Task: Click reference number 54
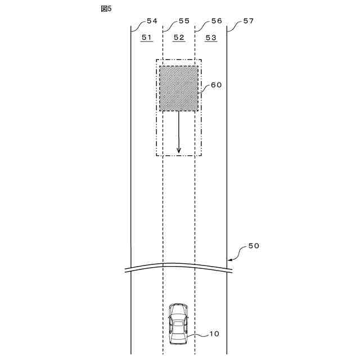pos(151,21)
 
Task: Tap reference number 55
pos(184,21)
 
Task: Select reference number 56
pos(216,21)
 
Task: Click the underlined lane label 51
pos(147,37)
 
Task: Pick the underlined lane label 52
pos(179,37)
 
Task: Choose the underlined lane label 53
pos(211,37)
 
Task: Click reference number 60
pos(217,85)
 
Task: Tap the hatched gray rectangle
pos(179,88)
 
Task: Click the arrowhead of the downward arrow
pos(179,150)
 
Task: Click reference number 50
pos(254,246)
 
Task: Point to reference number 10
pos(214,334)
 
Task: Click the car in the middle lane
pos(178,324)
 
